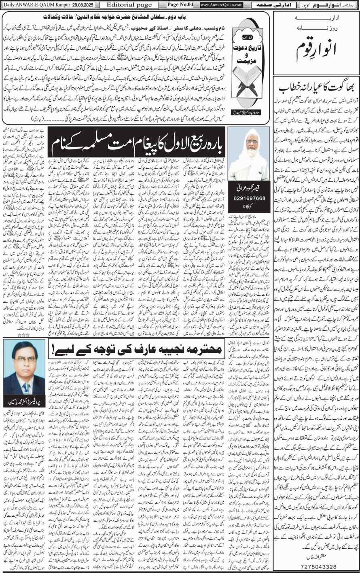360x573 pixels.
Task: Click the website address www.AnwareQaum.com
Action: click(x=221, y=4)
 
